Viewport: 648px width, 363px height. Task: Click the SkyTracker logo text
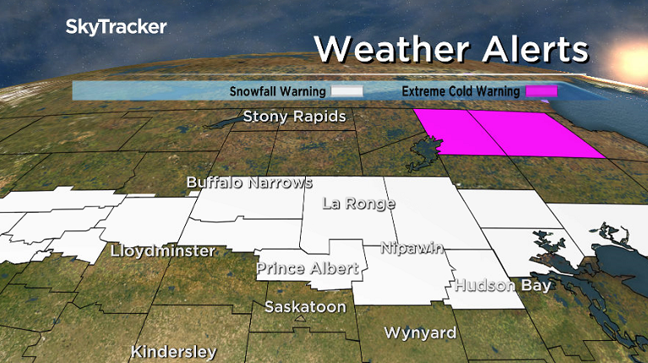click(x=116, y=27)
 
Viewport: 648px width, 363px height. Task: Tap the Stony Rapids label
click(x=294, y=116)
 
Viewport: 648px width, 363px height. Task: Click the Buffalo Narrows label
click(x=249, y=182)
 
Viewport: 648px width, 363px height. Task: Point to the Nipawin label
click(x=413, y=248)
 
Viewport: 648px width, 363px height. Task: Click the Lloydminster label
click(x=163, y=252)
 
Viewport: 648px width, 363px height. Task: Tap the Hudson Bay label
click(x=503, y=285)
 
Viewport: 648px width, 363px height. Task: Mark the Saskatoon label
click(x=305, y=307)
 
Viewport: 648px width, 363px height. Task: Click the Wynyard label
click(x=420, y=333)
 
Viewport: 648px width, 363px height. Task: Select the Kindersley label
click(x=173, y=351)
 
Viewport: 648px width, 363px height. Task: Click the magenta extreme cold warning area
click(x=507, y=133)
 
